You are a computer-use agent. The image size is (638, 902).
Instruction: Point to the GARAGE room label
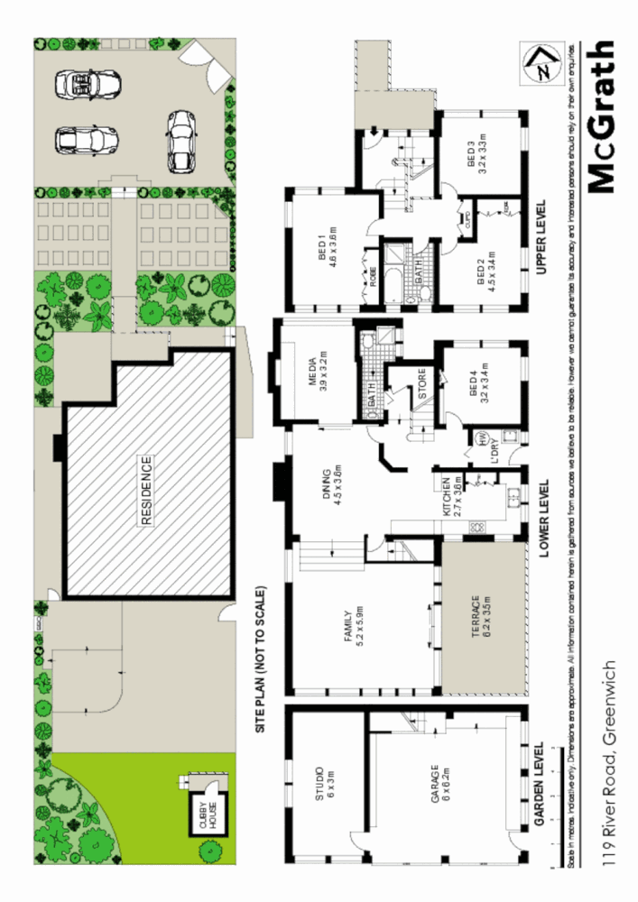tap(438, 785)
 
